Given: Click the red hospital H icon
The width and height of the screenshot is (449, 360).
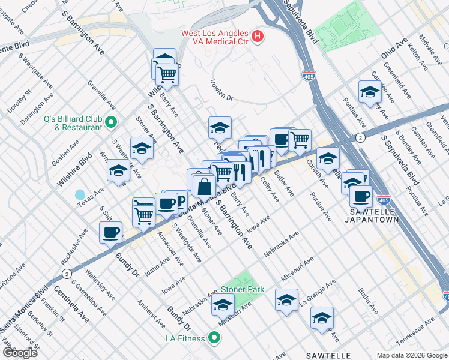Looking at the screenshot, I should click(258, 37).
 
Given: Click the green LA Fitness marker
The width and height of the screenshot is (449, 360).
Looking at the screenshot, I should click(214, 338).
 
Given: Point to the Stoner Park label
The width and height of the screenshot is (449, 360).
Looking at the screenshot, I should click(243, 289).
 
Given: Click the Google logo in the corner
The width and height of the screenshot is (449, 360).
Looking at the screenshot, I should click(19, 352).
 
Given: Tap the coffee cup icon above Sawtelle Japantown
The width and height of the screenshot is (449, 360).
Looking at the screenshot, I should click(361, 196).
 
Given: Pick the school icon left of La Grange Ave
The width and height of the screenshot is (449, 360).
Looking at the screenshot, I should click(286, 299).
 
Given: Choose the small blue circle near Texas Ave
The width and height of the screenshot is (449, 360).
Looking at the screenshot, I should click(80, 194).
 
